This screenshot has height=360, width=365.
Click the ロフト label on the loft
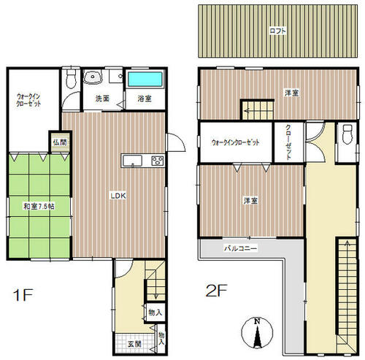(277, 31)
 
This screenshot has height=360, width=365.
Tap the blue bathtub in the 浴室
(145, 79)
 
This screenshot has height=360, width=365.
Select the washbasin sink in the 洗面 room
(93, 77)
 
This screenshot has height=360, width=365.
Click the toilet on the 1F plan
(71, 79)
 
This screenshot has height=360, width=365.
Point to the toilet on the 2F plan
(347, 134)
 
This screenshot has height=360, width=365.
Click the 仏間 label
(60, 142)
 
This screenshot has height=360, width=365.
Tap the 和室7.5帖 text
(39, 207)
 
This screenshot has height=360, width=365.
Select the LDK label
(118, 196)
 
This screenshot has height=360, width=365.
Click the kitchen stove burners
(158, 161)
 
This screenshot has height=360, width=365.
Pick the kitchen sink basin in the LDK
(133, 161)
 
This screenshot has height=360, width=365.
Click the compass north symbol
(257, 333)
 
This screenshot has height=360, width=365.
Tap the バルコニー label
(240, 248)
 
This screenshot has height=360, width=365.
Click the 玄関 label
(134, 344)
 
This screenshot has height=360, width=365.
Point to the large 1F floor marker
(23, 295)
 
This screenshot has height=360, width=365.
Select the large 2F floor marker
(216, 291)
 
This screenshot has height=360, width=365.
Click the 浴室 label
(145, 99)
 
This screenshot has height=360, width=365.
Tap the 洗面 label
(102, 99)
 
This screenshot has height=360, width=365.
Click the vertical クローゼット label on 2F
(288, 142)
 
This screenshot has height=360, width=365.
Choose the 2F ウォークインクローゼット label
(236, 142)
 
